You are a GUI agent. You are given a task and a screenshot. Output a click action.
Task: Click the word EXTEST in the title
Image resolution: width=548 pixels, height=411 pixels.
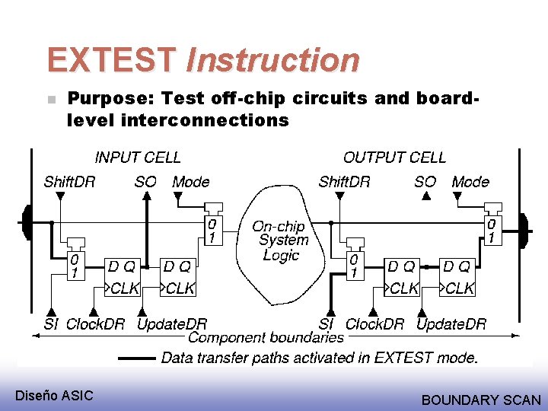click(112, 60)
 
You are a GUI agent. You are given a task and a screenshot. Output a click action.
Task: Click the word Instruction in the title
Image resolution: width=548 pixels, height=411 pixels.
click(272, 60)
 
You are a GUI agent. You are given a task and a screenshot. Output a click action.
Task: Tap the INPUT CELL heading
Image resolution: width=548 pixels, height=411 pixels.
click(138, 158)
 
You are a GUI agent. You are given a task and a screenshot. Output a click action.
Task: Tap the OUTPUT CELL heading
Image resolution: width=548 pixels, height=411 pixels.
click(394, 158)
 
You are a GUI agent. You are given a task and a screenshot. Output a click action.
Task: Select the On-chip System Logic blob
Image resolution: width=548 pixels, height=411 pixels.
click(280, 240)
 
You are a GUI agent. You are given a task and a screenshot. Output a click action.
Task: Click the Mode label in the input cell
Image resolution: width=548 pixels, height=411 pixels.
click(190, 181)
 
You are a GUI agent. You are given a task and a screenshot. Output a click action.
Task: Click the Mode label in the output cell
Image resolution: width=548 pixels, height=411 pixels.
click(470, 181)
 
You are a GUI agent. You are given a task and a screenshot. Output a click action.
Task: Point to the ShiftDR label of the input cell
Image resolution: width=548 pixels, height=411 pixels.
click(69, 181)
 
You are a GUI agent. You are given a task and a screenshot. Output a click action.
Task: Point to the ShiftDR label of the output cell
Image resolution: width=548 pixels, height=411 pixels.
click(344, 181)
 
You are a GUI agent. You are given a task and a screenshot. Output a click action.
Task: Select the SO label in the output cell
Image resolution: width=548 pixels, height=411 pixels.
click(425, 181)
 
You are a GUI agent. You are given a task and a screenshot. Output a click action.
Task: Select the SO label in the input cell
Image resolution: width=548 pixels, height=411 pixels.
click(145, 181)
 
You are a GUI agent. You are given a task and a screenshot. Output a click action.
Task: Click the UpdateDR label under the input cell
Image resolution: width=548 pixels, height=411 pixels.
click(171, 324)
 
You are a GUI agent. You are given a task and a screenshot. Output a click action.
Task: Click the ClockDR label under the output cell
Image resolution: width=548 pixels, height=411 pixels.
click(374, 324)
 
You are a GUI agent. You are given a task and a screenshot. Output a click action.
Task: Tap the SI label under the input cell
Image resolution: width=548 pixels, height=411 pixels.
click(51, 324)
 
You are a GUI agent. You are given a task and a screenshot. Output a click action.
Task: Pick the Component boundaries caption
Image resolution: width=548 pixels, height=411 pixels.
click(266, 337)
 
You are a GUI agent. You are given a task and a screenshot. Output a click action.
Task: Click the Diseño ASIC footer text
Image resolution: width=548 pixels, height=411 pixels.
click(54, 395)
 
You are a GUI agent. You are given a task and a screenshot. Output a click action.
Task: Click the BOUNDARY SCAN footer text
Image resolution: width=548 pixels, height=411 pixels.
click(481, 400)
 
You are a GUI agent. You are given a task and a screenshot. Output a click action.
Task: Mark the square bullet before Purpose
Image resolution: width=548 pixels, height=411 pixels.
click(50, 100)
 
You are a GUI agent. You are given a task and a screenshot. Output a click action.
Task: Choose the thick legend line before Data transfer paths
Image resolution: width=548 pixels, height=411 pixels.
click(136, 358)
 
